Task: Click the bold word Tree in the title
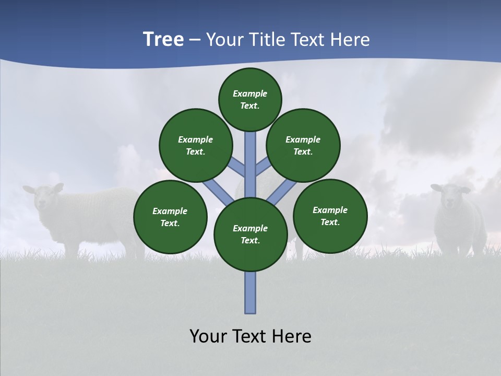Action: tap(163, 40)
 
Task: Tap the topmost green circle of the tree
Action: tap(250, 100)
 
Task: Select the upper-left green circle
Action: tap(196, 145)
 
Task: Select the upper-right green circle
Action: tap(303, 145)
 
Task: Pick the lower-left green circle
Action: tap(170, 217)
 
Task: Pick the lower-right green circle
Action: tap(330, 216)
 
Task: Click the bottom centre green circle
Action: tap(250, 234)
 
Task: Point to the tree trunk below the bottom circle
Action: tap(250, 292)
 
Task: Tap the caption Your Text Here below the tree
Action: tap(250, 336)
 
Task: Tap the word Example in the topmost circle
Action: tap(250, 94)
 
